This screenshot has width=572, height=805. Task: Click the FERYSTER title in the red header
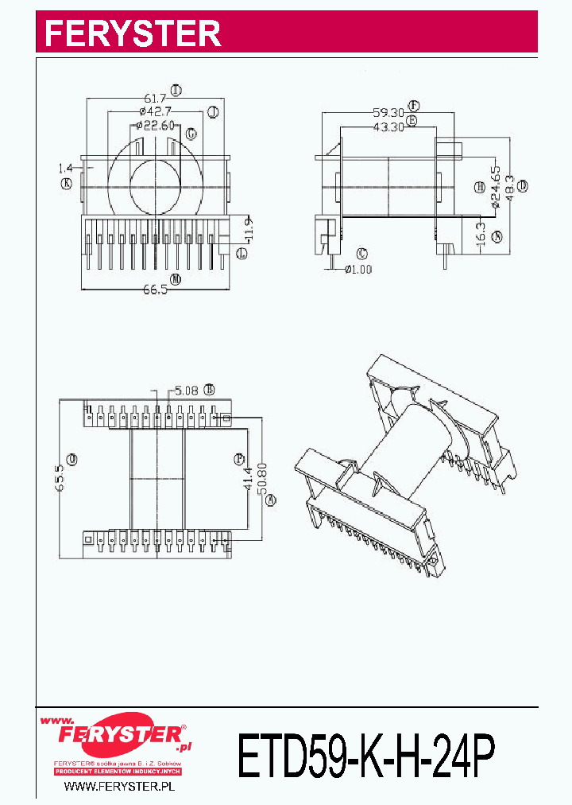pos(132,33)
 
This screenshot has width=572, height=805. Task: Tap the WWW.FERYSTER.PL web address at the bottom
pos(118,787)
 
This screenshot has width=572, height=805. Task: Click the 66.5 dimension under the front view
pos(155,290)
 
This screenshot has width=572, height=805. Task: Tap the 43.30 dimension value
pos(388,126)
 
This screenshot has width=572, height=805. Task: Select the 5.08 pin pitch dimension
pos(188,390)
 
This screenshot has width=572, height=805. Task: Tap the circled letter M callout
pos(175,279)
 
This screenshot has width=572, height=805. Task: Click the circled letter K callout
pos(66,184)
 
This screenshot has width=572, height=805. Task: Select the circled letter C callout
pos(362,254)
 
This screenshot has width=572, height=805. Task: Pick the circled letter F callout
pos(414,105)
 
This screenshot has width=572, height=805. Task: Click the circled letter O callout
pos(72,459)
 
